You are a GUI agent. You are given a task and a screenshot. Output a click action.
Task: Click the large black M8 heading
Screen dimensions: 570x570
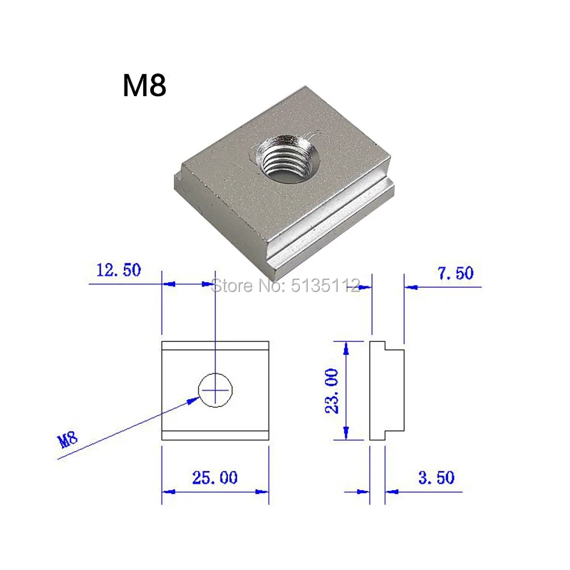tap(145, 85)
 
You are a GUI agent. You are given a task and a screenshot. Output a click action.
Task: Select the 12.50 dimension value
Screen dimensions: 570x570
tap(118, 270)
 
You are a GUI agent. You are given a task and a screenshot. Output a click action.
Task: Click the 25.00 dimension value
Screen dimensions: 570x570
tap(215, 477)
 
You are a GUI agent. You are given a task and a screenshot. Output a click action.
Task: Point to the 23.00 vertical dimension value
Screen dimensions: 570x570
tap(331, 390)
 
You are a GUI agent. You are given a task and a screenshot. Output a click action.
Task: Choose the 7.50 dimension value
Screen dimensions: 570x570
tap(455, 274)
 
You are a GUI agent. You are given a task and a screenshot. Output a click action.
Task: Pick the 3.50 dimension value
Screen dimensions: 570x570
tap(437, 477)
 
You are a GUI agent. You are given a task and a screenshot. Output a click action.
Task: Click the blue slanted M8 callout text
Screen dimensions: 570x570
tap(68, 440)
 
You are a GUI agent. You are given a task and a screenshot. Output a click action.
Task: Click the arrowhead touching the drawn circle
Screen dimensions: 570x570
tap(193, 400)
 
